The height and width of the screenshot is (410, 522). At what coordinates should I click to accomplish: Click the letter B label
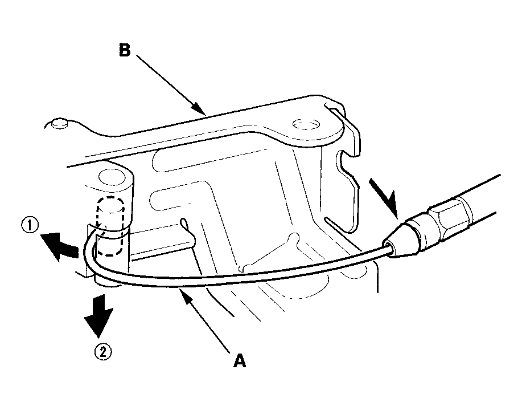tap(125, 51)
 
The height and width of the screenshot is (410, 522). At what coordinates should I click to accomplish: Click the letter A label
tap(240, 361)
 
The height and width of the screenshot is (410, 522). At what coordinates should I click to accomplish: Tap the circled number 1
tap(30, 226)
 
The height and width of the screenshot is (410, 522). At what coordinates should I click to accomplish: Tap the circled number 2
tap(103, 352)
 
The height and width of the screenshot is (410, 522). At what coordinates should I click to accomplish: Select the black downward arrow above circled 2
tap(99, 315)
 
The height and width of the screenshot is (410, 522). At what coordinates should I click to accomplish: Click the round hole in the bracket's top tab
tap(306, 124)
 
